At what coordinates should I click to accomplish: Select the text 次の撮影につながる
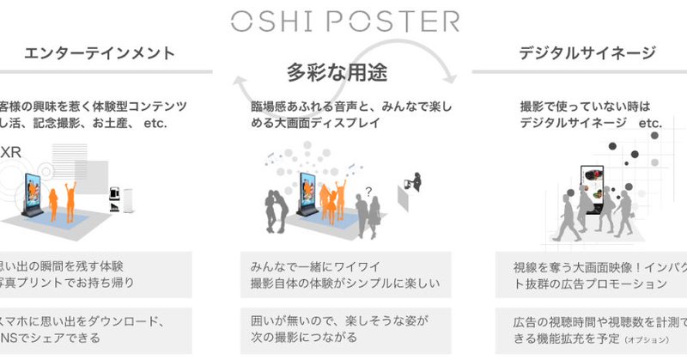coord(301,337)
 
